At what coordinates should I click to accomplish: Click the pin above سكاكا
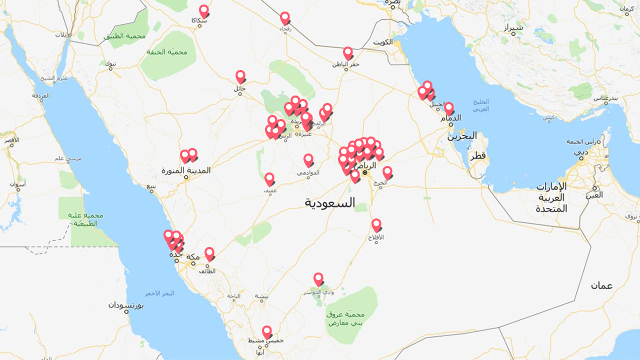point(204,11)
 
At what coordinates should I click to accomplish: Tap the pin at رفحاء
point(285,18)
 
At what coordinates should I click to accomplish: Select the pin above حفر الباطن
point(348,53)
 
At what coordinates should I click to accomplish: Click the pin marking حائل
point(241,76)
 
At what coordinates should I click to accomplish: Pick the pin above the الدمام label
point(449,108)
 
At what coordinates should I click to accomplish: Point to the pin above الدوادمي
point(308,160)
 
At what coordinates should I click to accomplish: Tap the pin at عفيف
point(269,179)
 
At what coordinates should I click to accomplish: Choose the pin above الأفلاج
point(376,225)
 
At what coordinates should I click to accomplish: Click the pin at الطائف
point(209,254)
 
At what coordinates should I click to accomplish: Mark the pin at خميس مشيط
point(267,332)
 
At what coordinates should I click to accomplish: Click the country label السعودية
point(330,203)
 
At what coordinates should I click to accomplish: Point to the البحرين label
point(462,136)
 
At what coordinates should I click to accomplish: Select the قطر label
point(478,156)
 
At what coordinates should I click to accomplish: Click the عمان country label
point(602,286)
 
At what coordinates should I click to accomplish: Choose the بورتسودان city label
point(126,305)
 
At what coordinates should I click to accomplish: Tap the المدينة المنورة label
point(186,170)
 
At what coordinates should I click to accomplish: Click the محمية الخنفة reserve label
point(167,52)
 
